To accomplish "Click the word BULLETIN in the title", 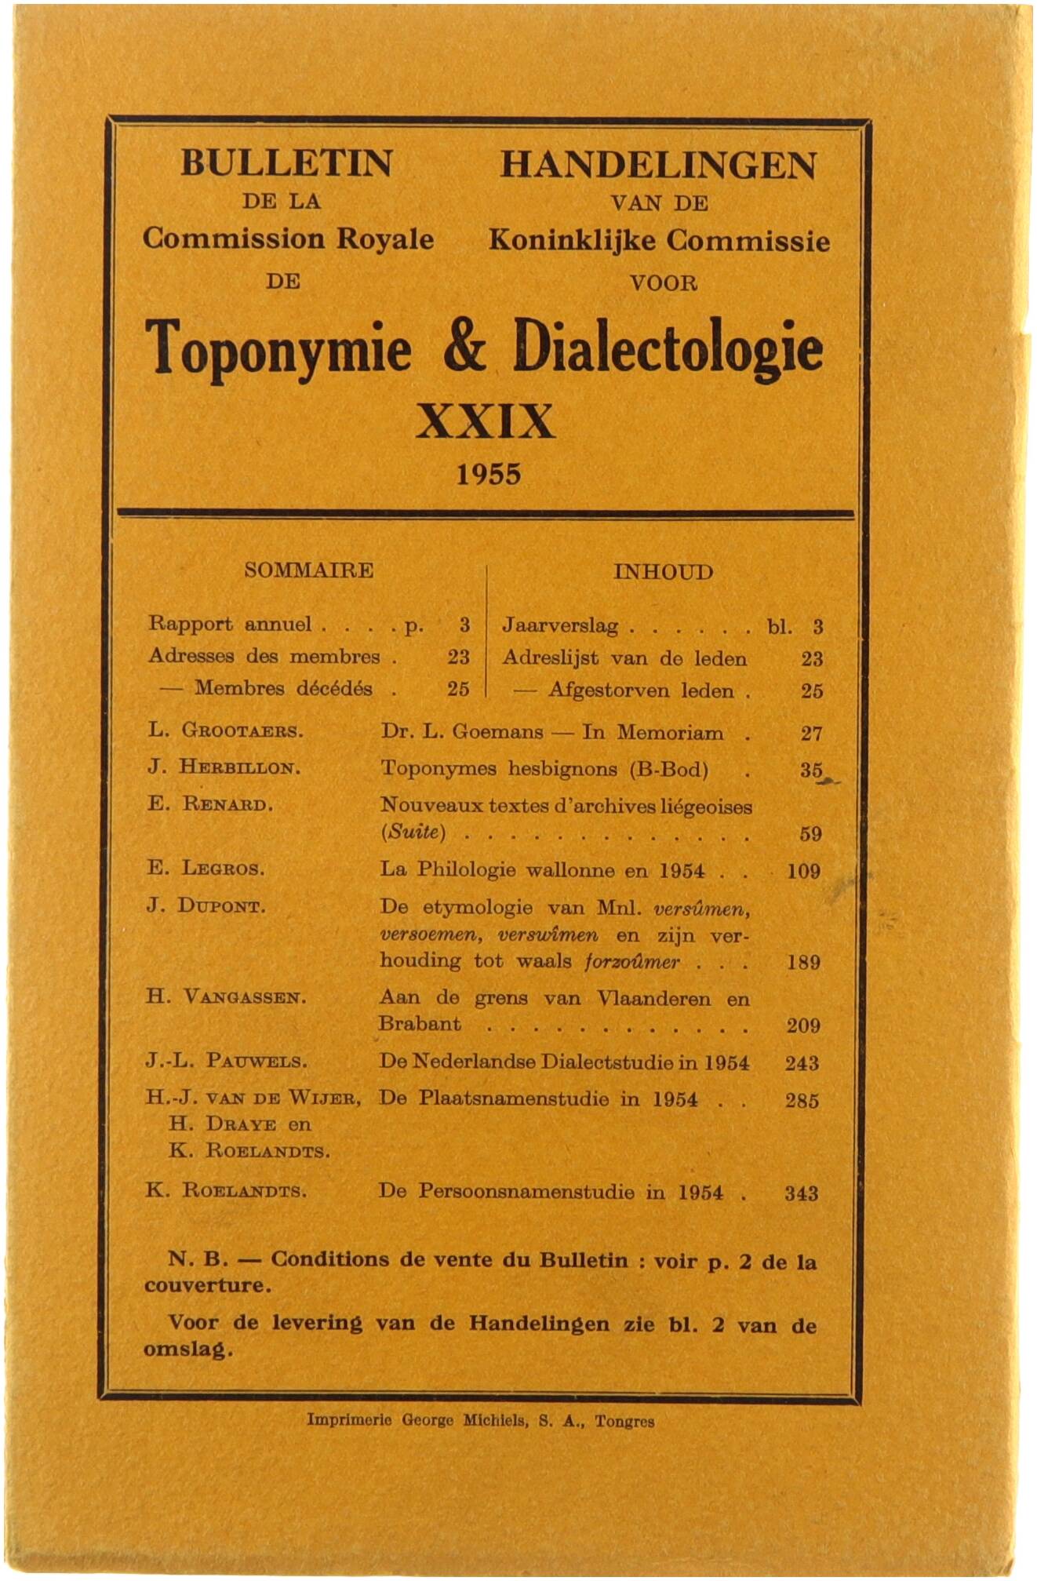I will [x=286, y=163].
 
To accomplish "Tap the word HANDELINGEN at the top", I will [x=659, y=165].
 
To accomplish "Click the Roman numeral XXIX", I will [x=486, y=422].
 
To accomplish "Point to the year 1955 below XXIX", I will [x=489, y=474].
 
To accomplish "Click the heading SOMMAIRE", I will [x=308, y=570].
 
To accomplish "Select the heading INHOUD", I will [x=663, y=572].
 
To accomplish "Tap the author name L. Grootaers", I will [x=225, y=731].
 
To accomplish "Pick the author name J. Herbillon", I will [x=224, y=767].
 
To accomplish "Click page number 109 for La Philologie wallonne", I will [x=803, y=871].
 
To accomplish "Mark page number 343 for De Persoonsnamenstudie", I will [x=802, y=1193].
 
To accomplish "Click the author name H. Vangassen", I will [x=226, y=998].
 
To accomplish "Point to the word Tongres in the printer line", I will [x=624, y=1420].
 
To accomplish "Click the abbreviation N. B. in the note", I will [x=198, y=1260].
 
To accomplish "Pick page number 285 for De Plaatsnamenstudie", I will [x=802, y=1101].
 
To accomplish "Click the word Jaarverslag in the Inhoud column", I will [x=560, y=626].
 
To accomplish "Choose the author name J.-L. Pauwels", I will [x=226, y=1062].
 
